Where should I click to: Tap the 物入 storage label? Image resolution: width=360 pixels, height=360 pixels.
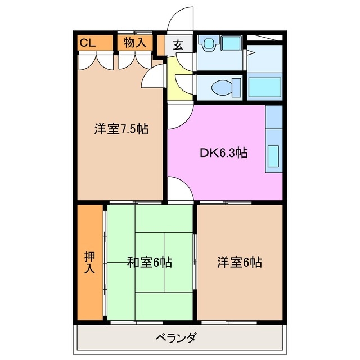[135, 43]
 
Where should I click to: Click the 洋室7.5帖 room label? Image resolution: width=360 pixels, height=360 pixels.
[121, 129]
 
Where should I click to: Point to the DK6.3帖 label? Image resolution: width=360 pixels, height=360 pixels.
[223, 152]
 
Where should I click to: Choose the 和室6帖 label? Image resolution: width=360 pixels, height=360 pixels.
[149, 262]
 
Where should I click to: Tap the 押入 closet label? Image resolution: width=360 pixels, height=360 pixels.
[89, 262]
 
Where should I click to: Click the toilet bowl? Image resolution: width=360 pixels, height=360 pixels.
[223, 87]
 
